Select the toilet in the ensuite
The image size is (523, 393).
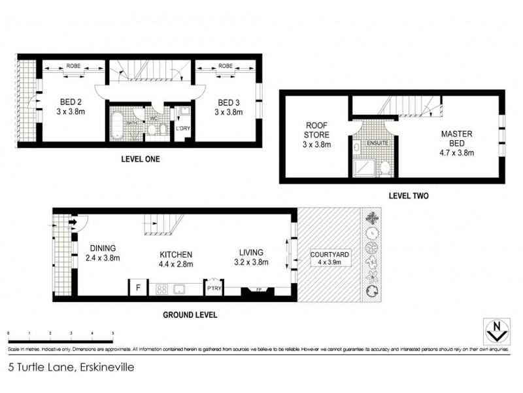pos(384,169)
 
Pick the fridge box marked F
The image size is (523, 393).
pos(137,288)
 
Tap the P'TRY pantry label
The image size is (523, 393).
pos(214,288)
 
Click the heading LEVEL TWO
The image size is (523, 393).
pos(408,195)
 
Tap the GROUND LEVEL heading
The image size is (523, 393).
pos(189,315)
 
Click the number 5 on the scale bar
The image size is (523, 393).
pos(113,333)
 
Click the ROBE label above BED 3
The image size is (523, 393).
pos(226,66)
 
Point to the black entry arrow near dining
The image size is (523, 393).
pos(73,223)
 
